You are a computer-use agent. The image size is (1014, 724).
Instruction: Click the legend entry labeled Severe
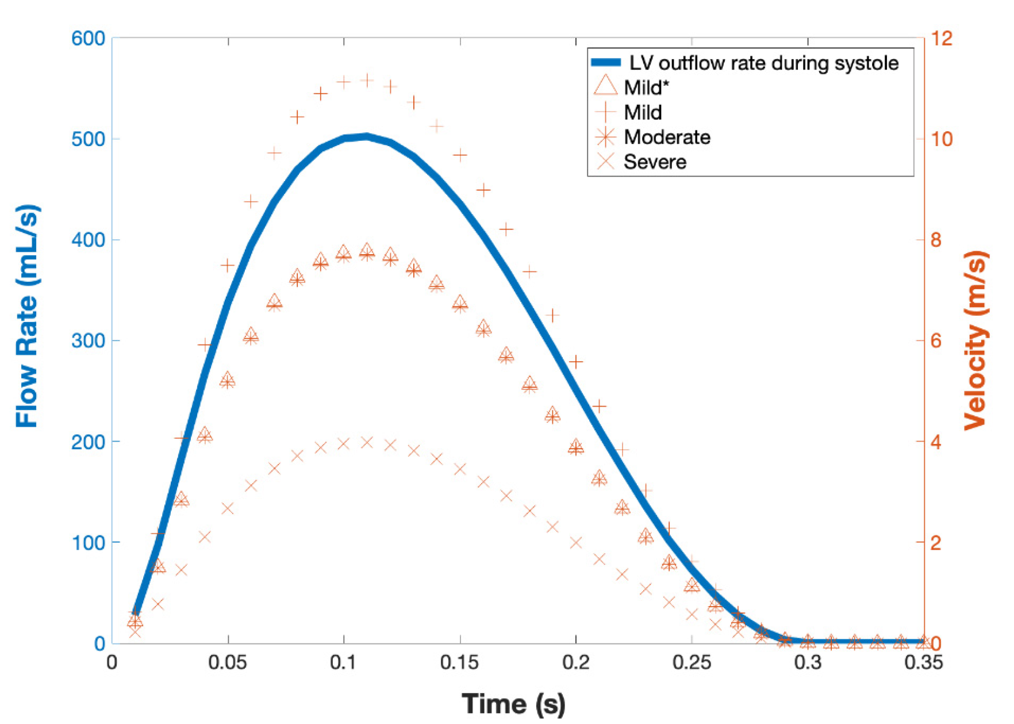coord(655,162)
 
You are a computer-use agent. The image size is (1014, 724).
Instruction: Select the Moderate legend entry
coord(667,137)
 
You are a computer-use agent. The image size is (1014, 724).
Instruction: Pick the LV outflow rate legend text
coord(763,63)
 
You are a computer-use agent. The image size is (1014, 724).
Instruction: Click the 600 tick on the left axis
coord(88,39)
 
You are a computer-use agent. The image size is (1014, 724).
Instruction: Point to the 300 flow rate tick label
coord(88,340)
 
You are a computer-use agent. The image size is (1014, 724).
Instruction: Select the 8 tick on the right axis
coord(936,240)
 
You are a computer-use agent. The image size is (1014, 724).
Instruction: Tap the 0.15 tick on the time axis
coord(459,662)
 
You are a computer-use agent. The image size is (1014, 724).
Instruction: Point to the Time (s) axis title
coord(513,703)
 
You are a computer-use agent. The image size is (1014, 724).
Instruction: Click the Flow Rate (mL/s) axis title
coord(26,316)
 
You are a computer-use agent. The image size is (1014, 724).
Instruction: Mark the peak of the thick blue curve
coord(367,136)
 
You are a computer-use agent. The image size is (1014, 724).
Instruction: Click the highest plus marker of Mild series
coord(367,81)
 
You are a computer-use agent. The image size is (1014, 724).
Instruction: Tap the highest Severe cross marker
coord(367,442)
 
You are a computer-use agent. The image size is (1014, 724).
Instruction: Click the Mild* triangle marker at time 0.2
coord(576,446)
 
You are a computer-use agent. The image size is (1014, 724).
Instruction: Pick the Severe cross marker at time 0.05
coord(228,508)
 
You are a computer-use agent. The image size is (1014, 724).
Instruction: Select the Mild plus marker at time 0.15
coord(460,155)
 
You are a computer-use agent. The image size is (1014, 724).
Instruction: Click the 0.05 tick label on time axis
coord(228,662)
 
